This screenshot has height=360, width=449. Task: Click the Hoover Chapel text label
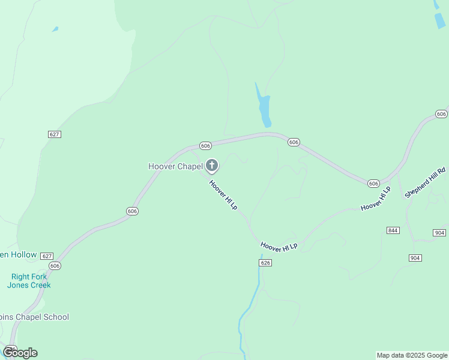(x=175, y=166)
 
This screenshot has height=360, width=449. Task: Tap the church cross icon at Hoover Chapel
(x=211, y=165)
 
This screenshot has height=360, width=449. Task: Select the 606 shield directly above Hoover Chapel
(x=205, y=146)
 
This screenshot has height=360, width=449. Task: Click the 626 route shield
(x=267, y=263)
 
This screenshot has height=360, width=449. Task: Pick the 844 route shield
(x=393, y=230)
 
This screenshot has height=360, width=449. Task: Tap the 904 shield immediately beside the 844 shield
(x=439, y=232)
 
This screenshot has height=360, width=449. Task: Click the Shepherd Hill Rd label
(x=426, y=183)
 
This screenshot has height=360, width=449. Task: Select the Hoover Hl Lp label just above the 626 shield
(x=279, y=246)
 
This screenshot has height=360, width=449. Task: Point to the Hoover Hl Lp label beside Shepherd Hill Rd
(x=376, y=198)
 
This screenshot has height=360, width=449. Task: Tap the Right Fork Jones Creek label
(x=29, y=281)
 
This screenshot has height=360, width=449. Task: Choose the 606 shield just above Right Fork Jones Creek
(x=55, y=265)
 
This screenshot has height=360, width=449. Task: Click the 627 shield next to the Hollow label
(x=47, y=256)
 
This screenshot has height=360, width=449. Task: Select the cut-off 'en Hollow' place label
(x=18, y=255)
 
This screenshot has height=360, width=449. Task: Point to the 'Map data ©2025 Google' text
(x=412, y=355)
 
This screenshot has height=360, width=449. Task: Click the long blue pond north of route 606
(x=264, y=106)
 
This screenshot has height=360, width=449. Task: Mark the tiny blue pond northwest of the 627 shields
(x=55, y=29)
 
